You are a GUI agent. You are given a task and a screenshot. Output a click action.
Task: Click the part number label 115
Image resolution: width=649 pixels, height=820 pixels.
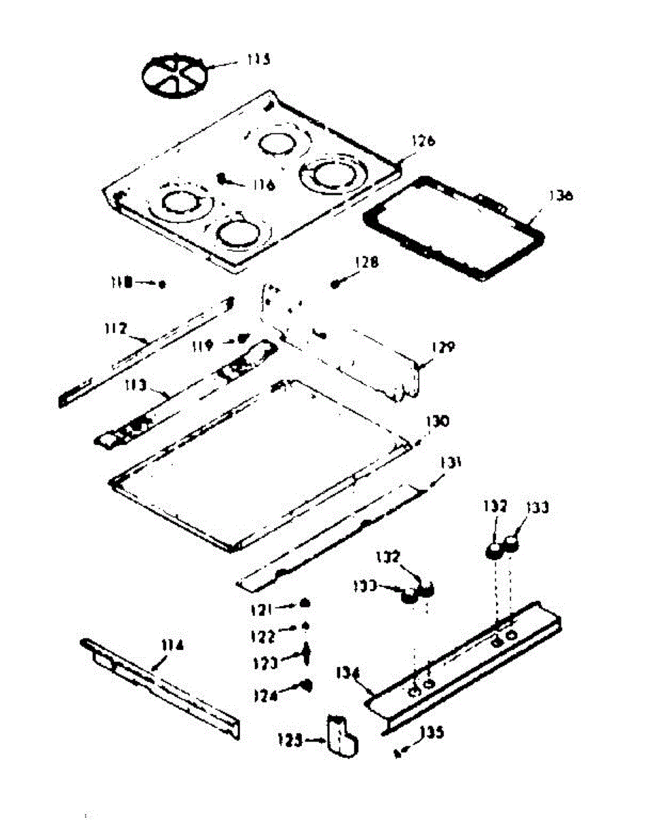(258, 59)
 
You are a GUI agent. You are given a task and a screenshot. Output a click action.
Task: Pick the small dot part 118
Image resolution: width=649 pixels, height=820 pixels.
(162, 282)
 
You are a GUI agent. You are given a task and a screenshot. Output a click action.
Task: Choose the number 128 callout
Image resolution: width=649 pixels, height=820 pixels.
(366, 262)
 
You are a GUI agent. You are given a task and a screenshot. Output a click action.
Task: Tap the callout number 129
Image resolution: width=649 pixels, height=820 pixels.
(441, 348)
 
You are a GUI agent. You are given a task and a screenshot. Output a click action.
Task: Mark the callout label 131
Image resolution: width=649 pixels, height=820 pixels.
(450, 463)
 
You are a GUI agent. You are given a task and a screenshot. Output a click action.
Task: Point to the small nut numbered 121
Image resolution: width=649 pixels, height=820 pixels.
(306, 603)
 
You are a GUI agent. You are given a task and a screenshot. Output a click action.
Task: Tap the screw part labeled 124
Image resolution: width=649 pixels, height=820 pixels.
(306, 685)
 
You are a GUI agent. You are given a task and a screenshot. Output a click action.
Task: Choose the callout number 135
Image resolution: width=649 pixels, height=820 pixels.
(432, 733)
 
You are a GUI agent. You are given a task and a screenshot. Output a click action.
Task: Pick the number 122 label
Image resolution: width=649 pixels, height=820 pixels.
(264, 636)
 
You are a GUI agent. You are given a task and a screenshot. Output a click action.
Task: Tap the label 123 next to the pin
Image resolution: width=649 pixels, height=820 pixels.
(264, 663)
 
